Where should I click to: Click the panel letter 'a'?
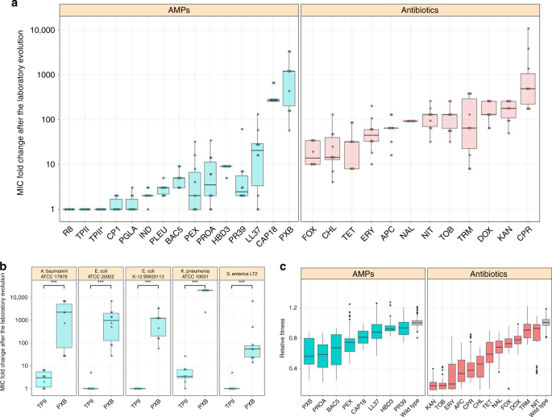pyautogui.click(x=6, y=6)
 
